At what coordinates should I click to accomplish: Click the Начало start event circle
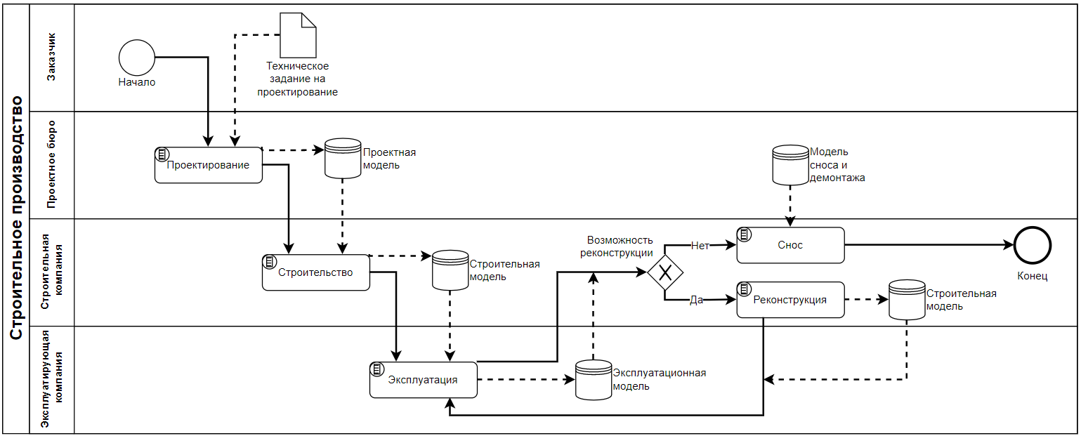point(137,57)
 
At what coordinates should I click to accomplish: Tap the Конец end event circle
point(1032,246)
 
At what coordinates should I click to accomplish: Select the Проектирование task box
point(209,166)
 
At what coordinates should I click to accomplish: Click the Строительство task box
point(315,272)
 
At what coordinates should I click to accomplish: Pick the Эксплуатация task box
point(424,380)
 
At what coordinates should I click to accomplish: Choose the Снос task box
point(790,245)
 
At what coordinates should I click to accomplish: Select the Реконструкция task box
point(790,300)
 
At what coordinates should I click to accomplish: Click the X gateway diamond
point(664,272)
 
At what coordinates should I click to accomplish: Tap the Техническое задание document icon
point(298,35)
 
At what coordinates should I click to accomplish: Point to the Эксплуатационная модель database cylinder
point(594,380)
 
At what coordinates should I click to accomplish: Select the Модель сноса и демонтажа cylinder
point(790,165)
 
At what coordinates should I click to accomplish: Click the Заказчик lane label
point(52,57)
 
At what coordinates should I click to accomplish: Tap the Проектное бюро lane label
point(52,165)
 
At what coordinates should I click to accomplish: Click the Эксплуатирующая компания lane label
point(52,380)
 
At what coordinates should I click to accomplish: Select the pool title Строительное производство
point(17,218)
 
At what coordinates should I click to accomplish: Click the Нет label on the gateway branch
point(700,246)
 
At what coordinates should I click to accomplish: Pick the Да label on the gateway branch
point(696,300)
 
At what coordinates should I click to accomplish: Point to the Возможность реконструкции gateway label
point(617,246)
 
